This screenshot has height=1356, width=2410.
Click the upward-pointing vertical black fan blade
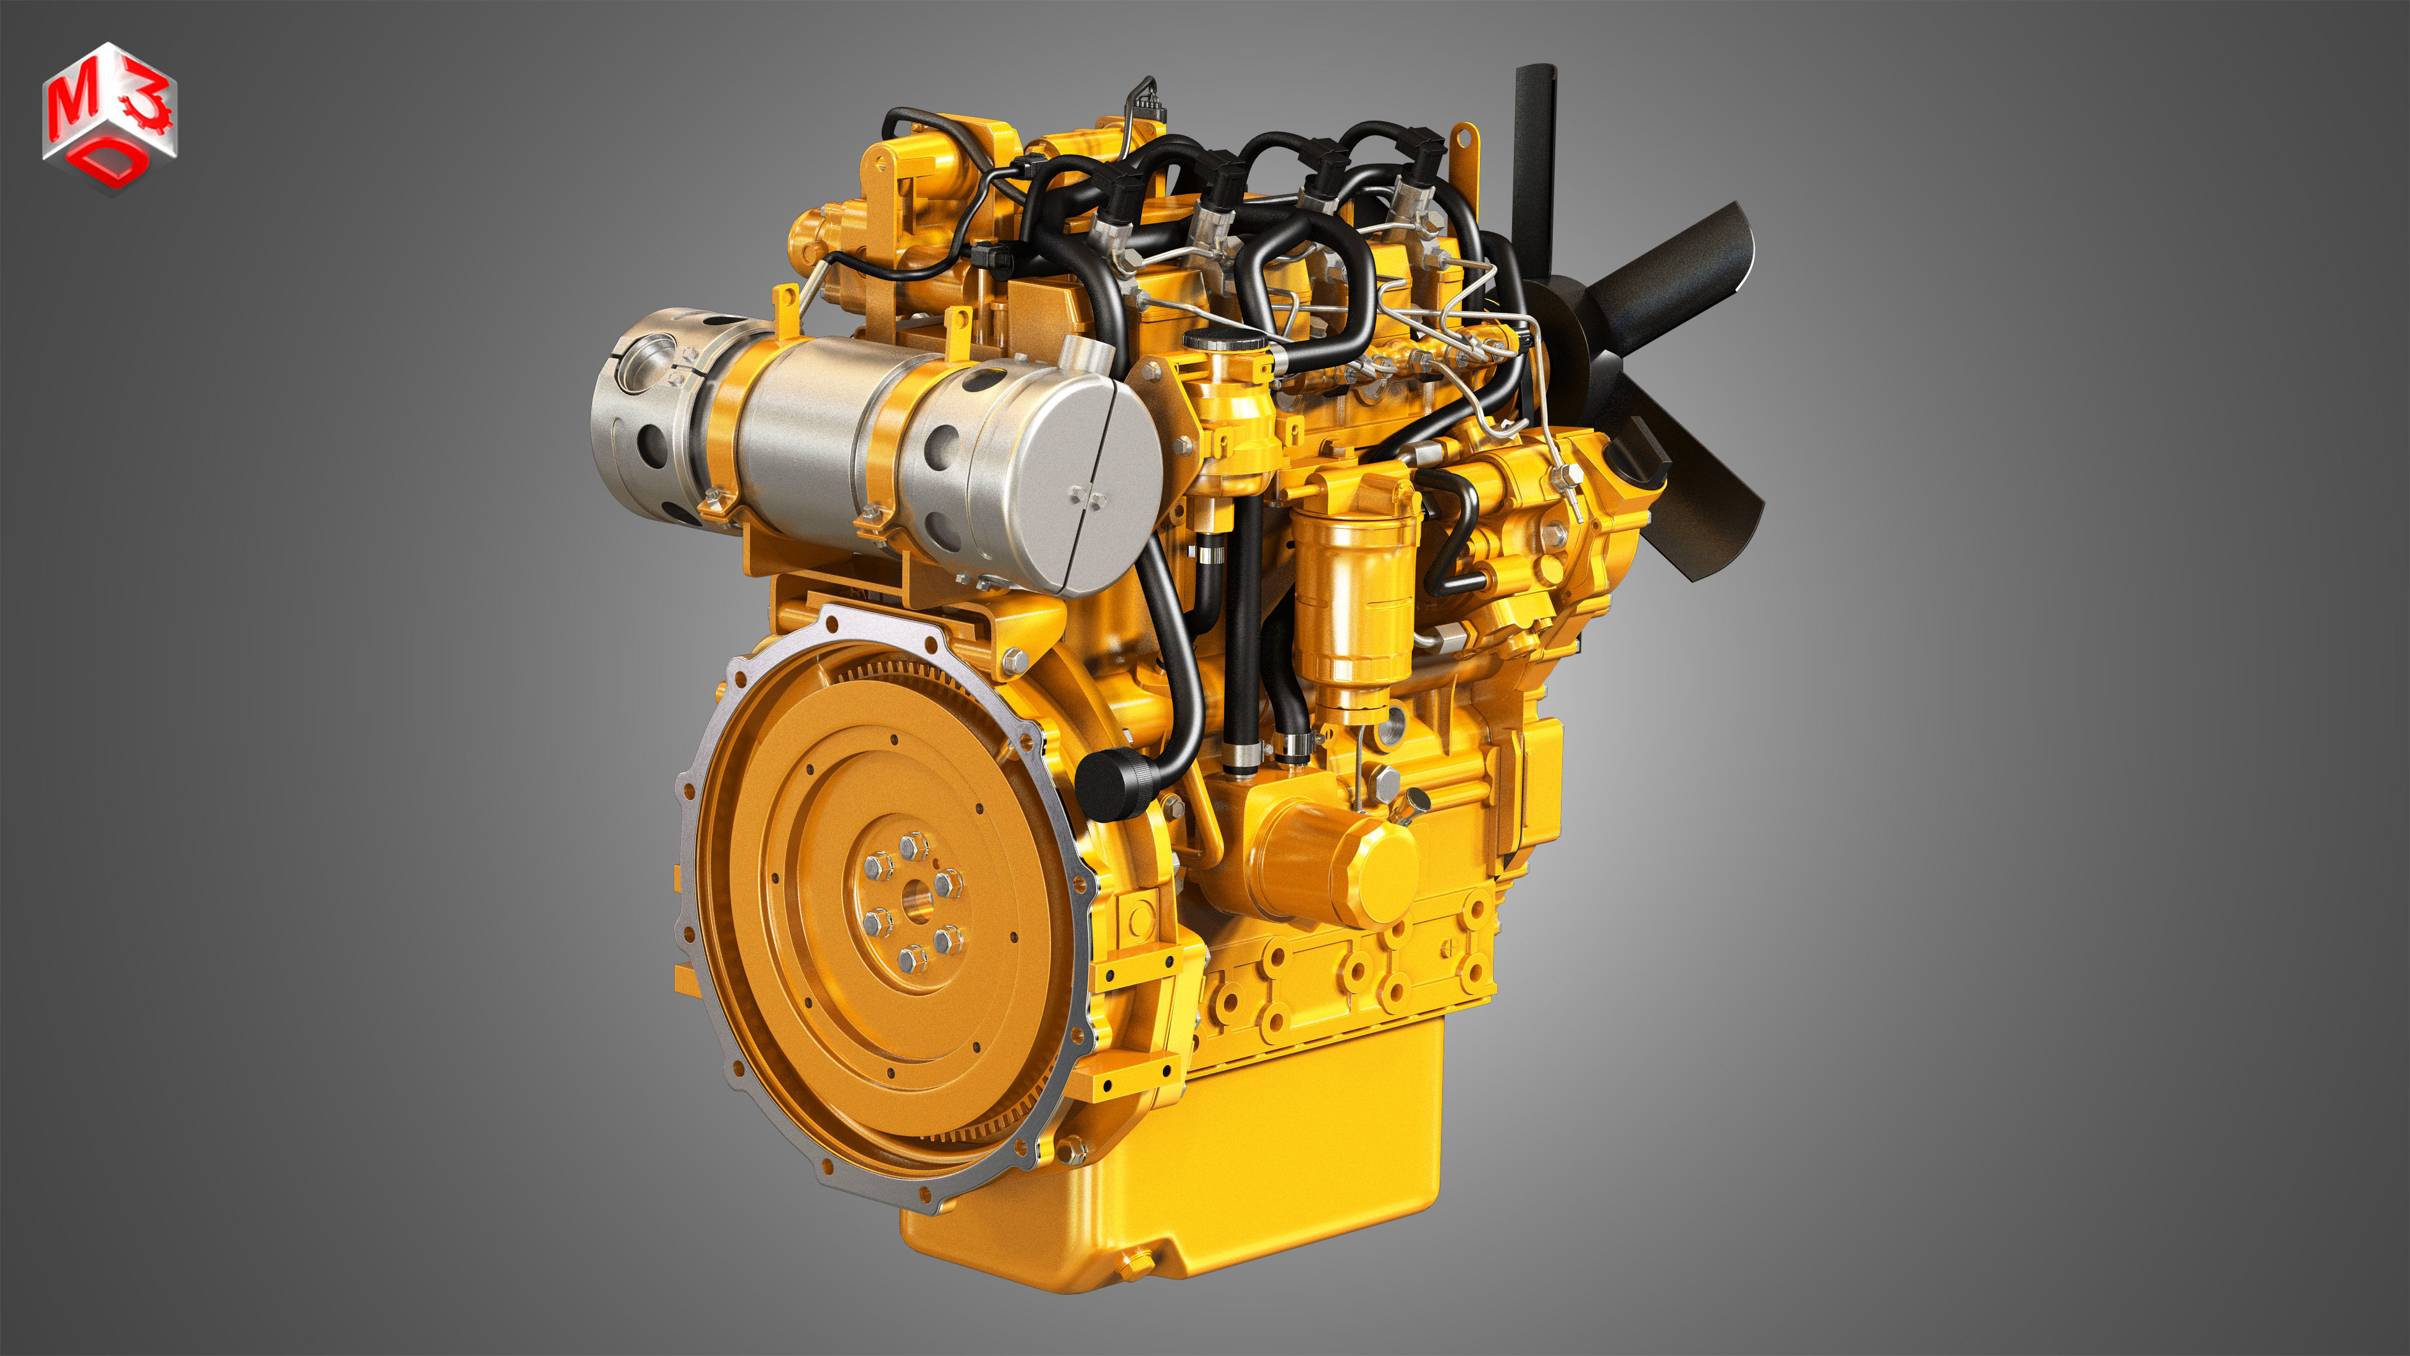pos(1535,150)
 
